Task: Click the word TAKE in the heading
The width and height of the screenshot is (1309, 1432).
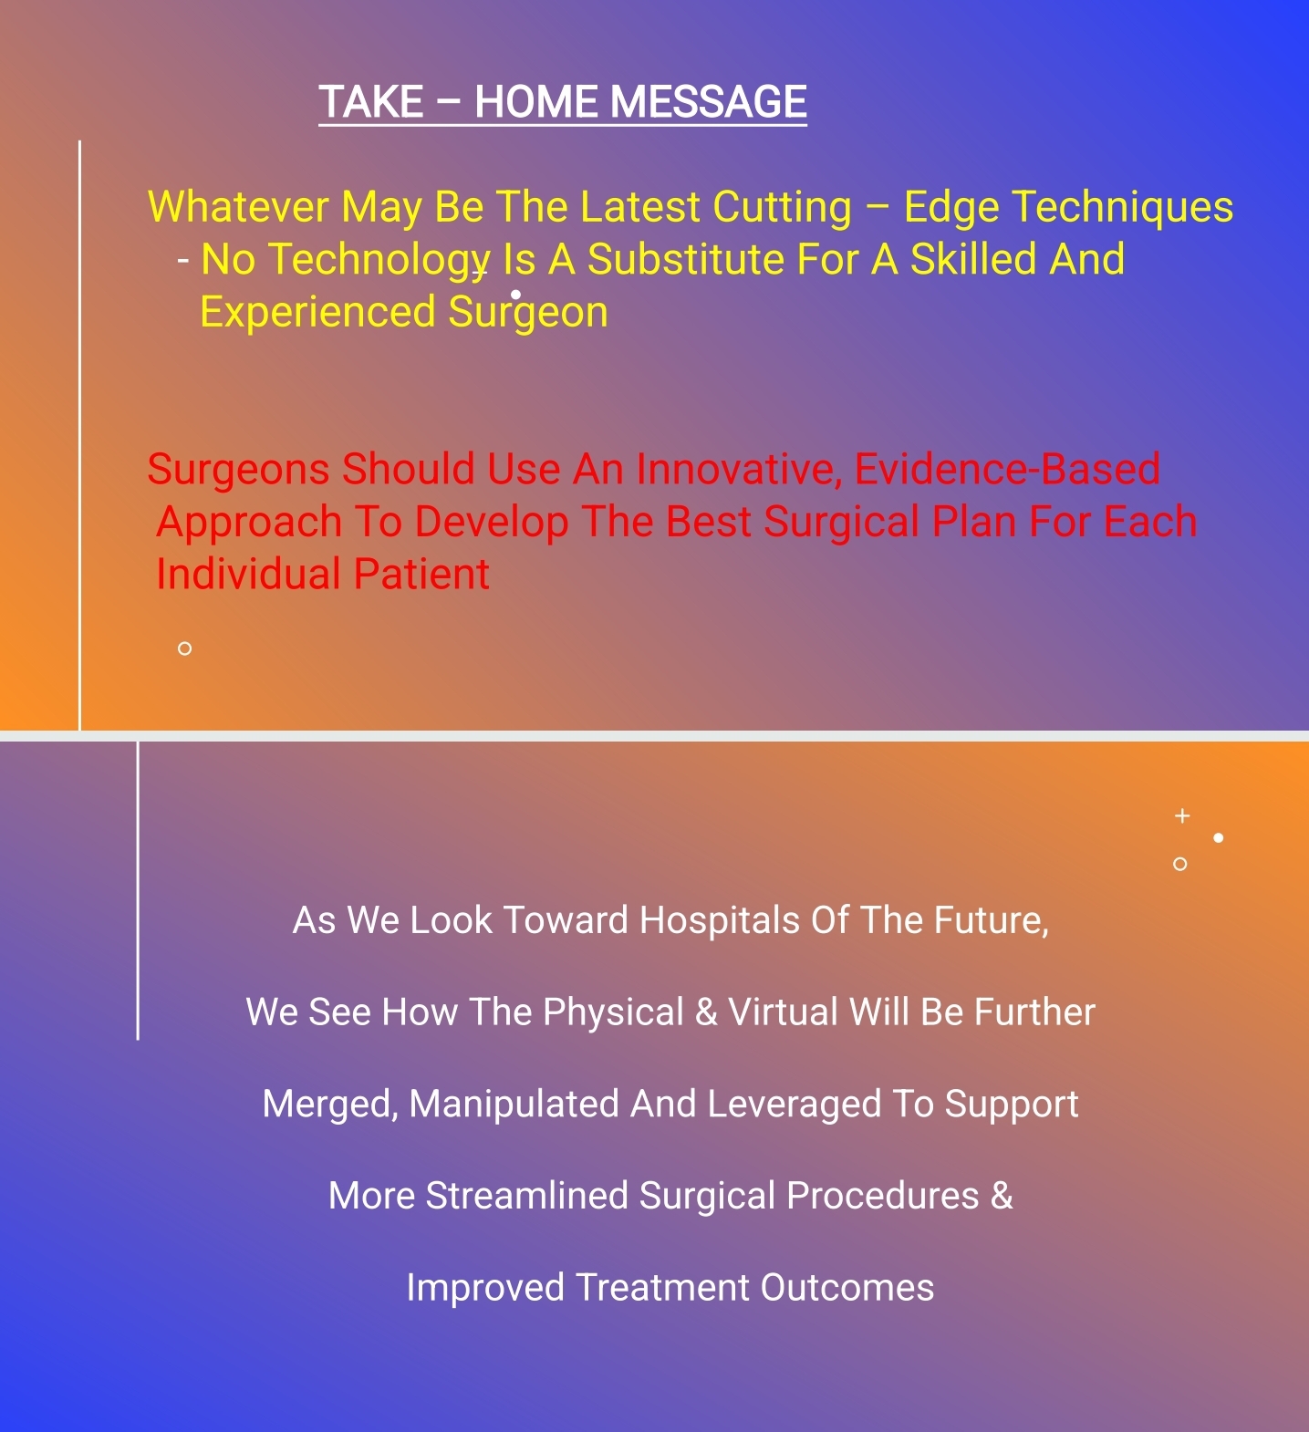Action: point(371,101)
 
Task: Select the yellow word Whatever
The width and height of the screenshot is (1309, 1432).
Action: point(239,207)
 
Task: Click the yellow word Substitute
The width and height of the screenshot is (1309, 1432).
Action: point(685,260)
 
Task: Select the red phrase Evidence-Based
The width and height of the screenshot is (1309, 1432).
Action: point(1007,469)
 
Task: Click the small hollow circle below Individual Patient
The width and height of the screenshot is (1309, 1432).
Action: point(184,649)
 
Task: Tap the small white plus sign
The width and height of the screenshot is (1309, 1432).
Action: point(1182,815)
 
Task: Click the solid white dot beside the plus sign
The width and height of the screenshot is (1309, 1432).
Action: point(1219,837)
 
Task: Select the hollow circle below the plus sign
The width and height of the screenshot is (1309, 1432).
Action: point(1179,864)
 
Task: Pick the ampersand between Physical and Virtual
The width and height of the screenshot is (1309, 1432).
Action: point(706,1012)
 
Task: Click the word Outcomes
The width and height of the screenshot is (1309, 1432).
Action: point(847,1288)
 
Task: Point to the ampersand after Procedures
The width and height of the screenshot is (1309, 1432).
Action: point(1002,1196)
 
